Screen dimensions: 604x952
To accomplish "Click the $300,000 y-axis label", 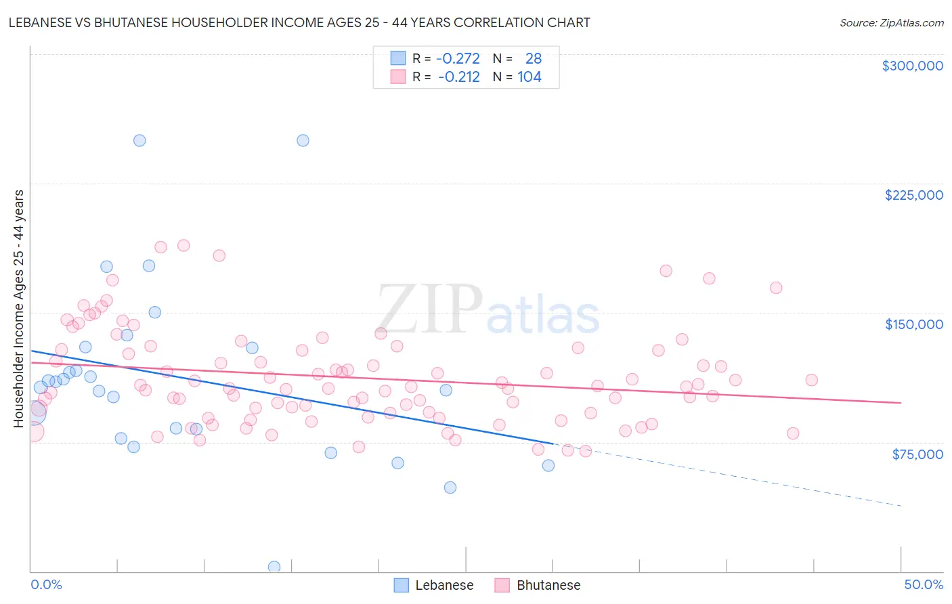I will pos(912,66).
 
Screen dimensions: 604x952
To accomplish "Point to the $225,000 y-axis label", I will pos(913,195).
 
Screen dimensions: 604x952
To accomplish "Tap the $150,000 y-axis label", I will pos(913,324).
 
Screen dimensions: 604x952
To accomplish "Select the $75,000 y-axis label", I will pos(917,454).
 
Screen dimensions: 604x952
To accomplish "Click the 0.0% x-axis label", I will pos(46,584).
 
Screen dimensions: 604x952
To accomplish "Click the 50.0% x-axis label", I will pos(923,584).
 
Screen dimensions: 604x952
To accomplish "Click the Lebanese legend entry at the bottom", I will pos(434,585).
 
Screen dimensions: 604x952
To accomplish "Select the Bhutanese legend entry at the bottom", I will pos(538,585).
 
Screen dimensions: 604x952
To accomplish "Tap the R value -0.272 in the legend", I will pos(458,59).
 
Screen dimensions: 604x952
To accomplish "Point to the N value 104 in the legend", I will pos(529,77).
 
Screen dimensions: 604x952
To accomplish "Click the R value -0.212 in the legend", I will pos(459,77).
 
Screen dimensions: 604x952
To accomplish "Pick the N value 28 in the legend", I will pos(534,59).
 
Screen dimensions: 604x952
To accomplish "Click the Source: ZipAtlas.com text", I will pos(891,22).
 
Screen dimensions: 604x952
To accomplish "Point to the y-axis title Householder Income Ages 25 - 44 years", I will pos(18,309).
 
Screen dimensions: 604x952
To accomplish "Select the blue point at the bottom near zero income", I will pos(274,567).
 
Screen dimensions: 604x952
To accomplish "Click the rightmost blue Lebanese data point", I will pos(548,465).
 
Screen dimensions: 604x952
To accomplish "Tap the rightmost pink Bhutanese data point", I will pos(811,380).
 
